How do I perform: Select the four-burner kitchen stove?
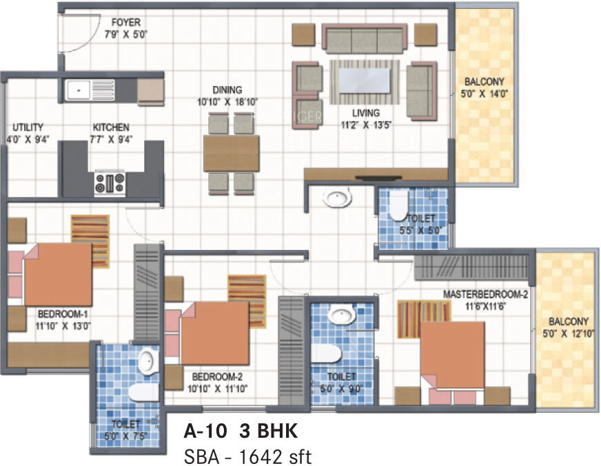pos(110,183)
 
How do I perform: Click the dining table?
pos(232,153)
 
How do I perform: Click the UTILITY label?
pos(28,127)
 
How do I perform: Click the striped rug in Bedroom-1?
pos(90,234)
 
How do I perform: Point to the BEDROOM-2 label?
pos(218,377)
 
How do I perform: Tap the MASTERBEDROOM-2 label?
pos(485,294)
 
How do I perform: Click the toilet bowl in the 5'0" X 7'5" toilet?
pos(141,393)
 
